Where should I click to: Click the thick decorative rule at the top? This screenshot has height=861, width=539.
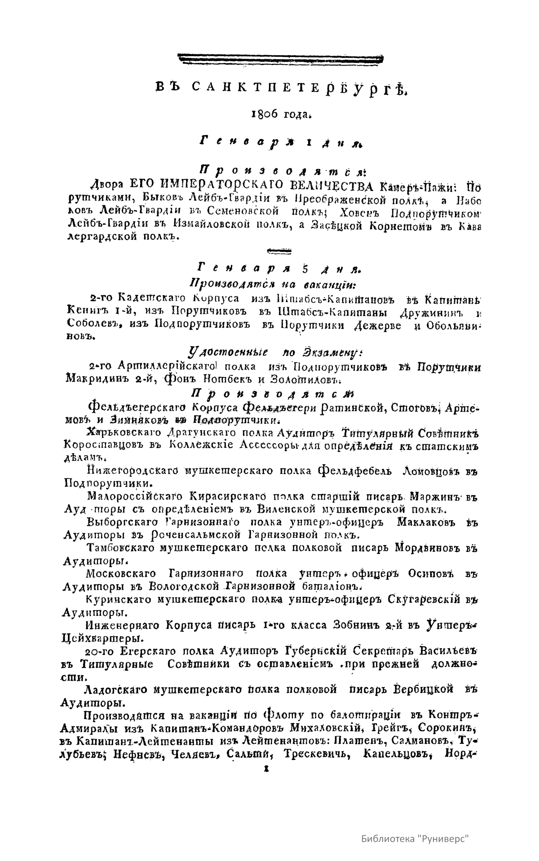click(x=281, y=57)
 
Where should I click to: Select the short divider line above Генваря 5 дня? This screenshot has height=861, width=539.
click(x=279, y=250)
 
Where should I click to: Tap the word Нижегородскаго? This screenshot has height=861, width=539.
click(x=133, y=471)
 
